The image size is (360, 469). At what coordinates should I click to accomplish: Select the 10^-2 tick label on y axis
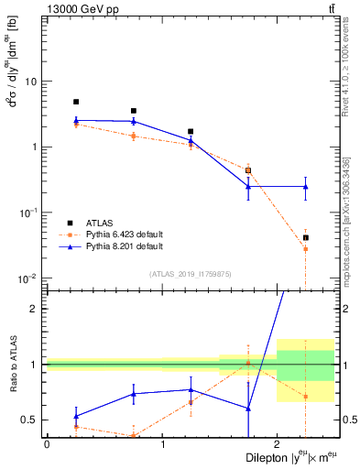coord(28,278)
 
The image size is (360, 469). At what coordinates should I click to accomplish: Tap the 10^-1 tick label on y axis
coord(28,213)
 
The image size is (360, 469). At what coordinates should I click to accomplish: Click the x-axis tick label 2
coord(277,445)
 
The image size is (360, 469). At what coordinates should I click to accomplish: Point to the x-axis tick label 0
coord(47,445)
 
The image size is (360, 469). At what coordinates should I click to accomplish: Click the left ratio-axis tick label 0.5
coord(33,420)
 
